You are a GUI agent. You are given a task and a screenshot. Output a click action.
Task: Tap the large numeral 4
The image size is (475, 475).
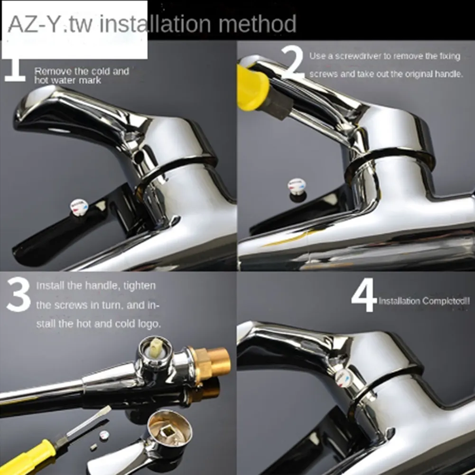(364, 295)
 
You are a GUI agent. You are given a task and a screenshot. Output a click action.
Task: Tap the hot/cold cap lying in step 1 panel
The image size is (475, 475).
(78, 206)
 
